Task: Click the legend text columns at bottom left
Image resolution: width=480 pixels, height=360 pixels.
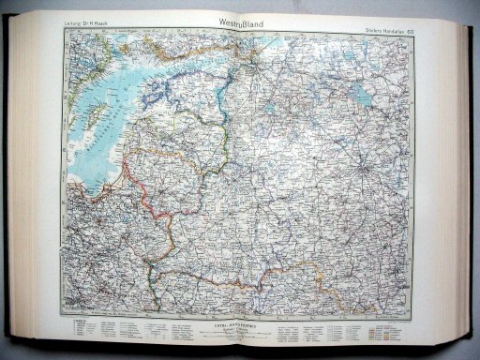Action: tap(103, 327)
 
